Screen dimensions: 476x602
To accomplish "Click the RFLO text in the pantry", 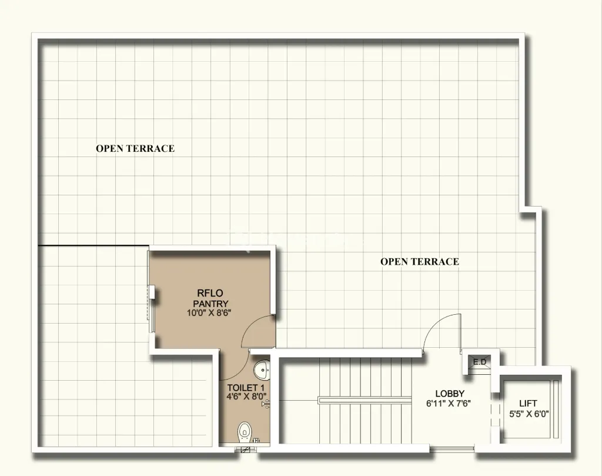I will click(210, 293).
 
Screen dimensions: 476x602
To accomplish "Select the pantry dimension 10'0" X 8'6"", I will click(210, 313).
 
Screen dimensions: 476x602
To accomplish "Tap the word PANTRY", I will click(210, 303).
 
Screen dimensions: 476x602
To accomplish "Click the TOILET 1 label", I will click(246, 387).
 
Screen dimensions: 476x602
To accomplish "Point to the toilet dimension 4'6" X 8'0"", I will click(247, 397).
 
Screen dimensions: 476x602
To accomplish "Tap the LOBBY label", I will click(450, 393).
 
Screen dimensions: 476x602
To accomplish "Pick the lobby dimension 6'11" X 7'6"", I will click(450, 404).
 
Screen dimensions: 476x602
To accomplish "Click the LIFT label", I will click(528, 403).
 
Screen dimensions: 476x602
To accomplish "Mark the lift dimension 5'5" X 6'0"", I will click(528, 413).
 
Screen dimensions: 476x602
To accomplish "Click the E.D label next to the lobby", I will click(480, 362).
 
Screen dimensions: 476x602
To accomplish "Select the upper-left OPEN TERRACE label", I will click(135, 149).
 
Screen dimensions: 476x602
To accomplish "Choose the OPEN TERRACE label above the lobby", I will click(419, 262).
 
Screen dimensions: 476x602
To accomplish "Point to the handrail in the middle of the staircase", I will click(364, 400).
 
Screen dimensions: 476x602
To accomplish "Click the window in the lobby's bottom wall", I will click(451, 450).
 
